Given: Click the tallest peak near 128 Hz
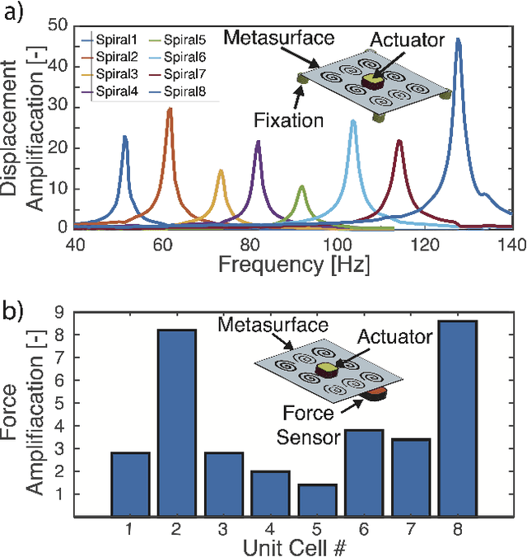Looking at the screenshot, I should click(x=458, y=40).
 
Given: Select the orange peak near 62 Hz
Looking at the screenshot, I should click(x=170, y=109).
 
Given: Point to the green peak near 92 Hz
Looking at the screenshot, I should click(x=301, y=188).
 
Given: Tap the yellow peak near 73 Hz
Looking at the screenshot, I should click(x=221, y=171).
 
